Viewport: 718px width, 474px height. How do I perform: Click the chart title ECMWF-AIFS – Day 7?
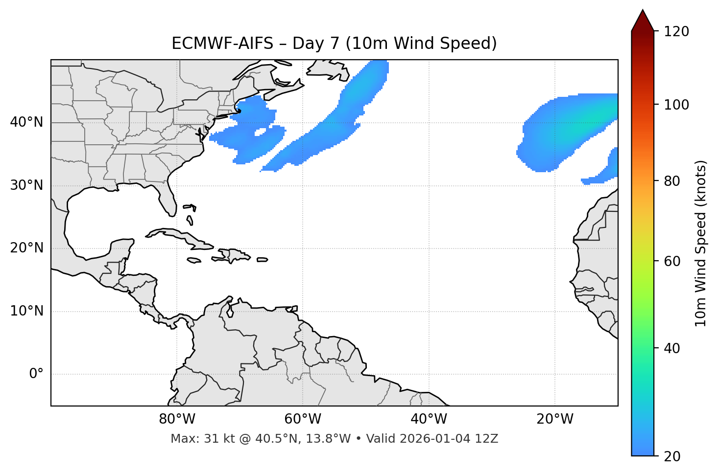coord(334,44)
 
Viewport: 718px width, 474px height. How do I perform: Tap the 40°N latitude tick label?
coord(26,122)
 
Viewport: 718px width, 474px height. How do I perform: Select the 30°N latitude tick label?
coord(26,185)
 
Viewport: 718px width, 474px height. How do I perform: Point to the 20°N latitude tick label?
coord(26,248)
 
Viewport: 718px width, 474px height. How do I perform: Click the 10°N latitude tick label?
coord(26,311)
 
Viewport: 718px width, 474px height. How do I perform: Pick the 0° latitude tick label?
coord(36,374)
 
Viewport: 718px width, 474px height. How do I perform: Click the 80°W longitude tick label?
coord(177,419)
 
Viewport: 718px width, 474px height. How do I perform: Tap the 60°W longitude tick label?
coord(303,419)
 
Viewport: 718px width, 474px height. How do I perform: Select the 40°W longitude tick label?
coord(429,419)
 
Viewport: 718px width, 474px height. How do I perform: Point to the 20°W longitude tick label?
coord(555,419)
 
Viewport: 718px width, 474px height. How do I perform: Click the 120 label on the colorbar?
coord(676,32)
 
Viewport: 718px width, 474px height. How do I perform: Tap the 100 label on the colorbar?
coord(676,105)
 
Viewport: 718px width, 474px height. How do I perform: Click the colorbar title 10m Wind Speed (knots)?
coord(701,243)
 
